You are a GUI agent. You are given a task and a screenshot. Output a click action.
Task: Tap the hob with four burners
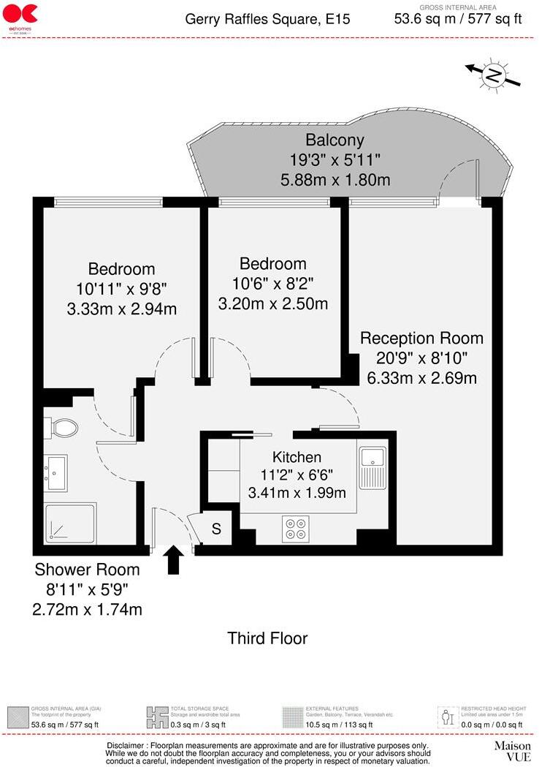pyautogui.click(x=295, y=529)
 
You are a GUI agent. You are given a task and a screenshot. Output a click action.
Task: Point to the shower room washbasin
pyautogui.click(x=56, y=472)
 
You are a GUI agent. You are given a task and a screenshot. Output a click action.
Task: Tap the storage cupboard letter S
pyautogui.click(x=216, y=529)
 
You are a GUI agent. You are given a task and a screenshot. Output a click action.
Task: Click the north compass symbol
pyautogui.click(x=494, y=75)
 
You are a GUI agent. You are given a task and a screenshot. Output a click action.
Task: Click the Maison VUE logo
pyautogui.click(x=512, y=751)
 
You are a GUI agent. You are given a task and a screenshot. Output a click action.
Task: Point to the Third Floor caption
pyautogui.click(x=267, y=638)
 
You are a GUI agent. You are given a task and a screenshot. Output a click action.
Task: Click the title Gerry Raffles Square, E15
pyautogui.click(x=267, y=19)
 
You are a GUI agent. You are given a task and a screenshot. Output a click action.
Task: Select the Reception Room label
pyautogui.click(x=421, y=338)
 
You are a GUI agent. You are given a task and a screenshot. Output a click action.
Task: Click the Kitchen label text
pyautogui.click(x=297, y=457)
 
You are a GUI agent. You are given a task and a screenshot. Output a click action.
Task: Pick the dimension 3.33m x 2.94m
pyautogui.click(x=121, y=308)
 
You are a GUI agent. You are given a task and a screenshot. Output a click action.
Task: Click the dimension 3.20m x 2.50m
pyautogui.click(x=272, y=303)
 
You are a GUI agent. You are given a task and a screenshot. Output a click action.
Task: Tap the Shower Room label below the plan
pyautogui.click(x=87, y=570)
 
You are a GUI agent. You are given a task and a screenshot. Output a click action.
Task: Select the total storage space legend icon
pyautogui.click(x=157, y=714)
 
